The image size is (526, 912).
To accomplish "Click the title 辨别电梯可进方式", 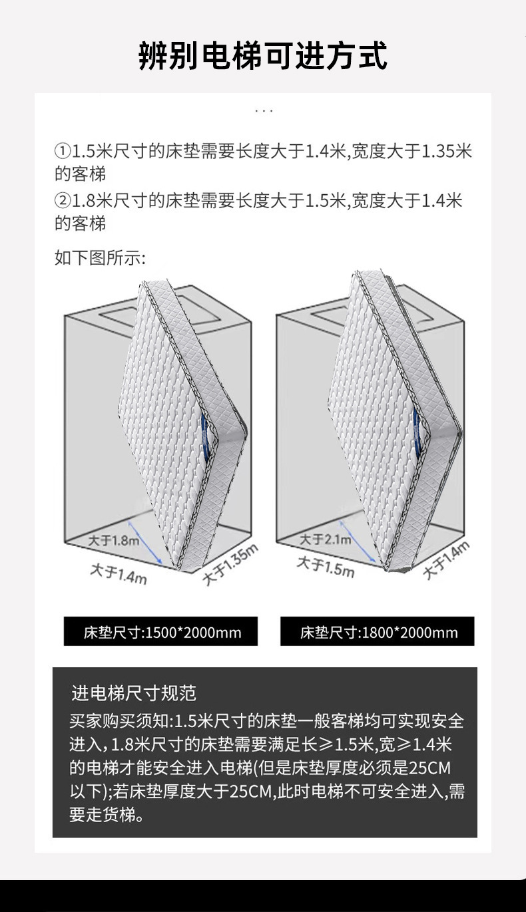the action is tap(263, 55).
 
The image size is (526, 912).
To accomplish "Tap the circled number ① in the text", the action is tap(62, 151).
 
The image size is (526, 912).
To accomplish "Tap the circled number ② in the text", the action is tap(62, 200).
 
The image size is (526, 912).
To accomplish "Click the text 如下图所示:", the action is tap(100, 257).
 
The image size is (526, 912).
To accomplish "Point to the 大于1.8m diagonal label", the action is tap(114, 539).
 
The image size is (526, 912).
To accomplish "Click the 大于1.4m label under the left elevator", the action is tap(119, 573).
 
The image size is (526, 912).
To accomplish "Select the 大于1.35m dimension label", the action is tap(230, 564).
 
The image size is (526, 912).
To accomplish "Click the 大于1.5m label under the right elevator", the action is tap(326, 567).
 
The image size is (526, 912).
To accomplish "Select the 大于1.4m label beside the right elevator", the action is tap(446, 559).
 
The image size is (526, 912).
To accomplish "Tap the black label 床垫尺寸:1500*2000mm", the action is tap(160, 632).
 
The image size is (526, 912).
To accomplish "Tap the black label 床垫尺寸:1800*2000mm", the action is tap(378, 632).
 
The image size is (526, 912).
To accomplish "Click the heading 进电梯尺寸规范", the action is tap(133, 693).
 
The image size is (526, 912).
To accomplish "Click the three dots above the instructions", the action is tap(264, 110).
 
